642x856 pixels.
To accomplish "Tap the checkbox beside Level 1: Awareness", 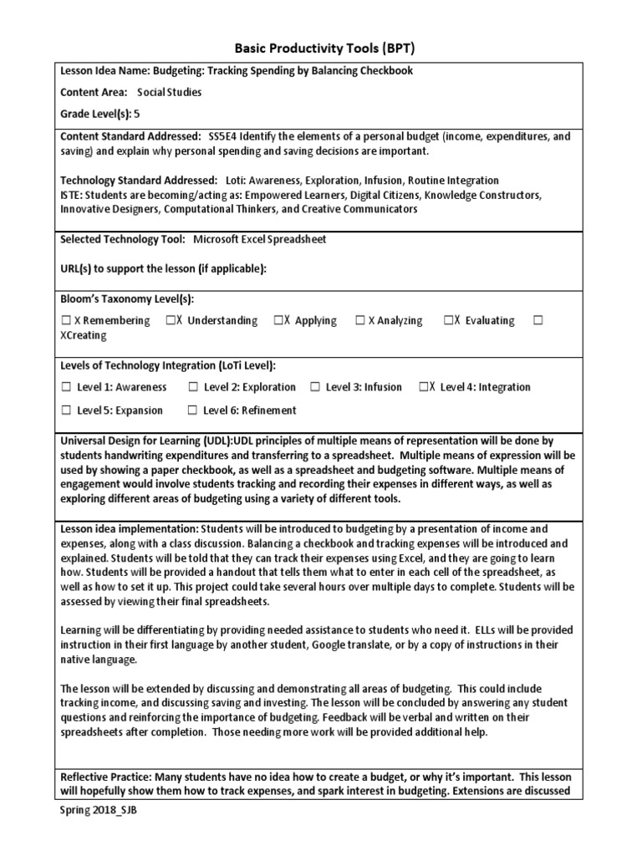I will [66, 387].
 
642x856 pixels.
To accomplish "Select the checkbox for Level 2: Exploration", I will [192, 387].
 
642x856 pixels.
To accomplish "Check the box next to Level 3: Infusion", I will [315, 387].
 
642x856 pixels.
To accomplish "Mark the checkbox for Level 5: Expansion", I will [66, 410].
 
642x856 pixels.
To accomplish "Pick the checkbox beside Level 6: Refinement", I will [192, 410].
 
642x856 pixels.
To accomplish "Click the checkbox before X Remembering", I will [66, 320].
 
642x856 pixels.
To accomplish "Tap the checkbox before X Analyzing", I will [360, 320].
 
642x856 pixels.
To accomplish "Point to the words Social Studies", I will [170, 92].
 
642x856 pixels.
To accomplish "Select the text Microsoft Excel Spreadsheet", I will [260, 239].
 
